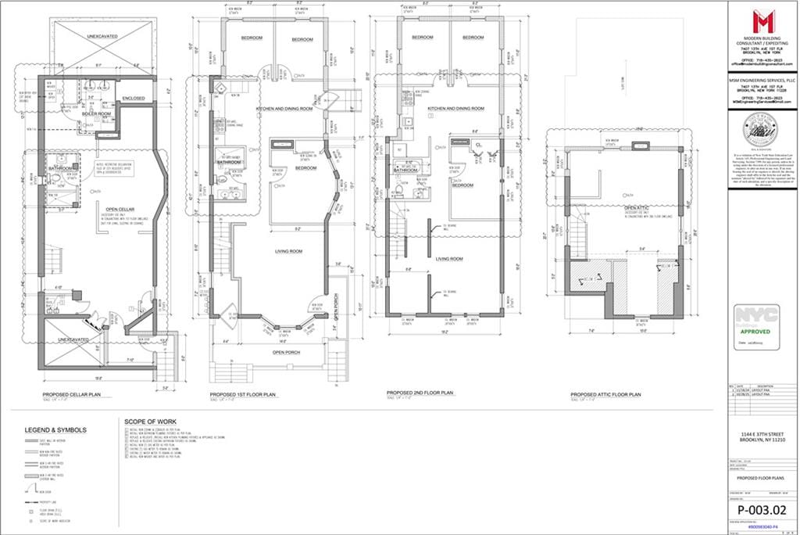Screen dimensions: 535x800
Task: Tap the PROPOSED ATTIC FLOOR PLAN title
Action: pos(605,394)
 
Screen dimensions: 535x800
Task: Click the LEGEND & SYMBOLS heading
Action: pos(55,429)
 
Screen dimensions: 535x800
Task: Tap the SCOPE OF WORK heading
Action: pos(146,421)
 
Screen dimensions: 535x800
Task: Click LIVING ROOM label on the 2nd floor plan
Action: pos(449,259)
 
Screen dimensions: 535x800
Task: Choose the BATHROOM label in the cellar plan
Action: pos(61,169)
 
